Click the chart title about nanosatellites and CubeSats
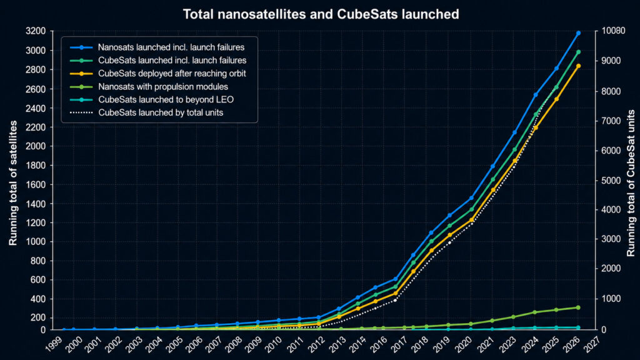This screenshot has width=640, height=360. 321,14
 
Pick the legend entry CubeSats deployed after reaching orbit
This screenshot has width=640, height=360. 158,74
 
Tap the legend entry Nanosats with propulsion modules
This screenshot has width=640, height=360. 149,86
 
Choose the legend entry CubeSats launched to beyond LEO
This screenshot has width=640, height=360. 152,99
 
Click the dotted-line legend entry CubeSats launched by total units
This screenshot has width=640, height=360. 146,112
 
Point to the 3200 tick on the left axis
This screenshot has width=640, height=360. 36,31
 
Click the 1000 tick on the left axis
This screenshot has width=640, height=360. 36,242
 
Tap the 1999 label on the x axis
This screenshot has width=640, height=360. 54,344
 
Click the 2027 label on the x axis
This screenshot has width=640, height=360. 591,344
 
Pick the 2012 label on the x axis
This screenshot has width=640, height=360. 316,344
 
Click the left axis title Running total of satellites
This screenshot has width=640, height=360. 13,183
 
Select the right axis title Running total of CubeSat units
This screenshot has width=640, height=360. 631,183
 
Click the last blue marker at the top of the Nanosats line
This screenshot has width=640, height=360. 578,33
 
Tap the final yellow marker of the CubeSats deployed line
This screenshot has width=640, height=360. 578,66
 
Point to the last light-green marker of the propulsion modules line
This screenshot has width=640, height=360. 578,307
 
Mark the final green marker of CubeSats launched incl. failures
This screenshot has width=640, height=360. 578,52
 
